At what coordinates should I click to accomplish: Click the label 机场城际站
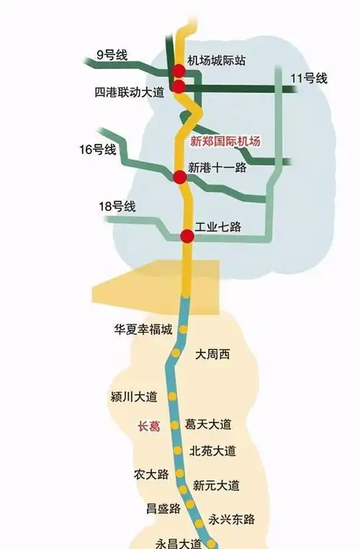pos(216,61)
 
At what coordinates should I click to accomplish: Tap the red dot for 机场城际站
pos(178,70)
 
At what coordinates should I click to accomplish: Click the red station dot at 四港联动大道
pos(178,86)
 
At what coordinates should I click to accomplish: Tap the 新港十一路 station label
pos(217,167)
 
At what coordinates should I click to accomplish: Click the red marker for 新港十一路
pos(180,176)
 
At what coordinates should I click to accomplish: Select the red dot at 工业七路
pos(186,236)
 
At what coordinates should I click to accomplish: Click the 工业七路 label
pos(218,228)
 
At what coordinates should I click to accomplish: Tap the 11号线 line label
pos(309,78)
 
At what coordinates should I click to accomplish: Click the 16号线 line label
pos(98,150)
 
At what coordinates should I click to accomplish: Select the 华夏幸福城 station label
pos(143,329)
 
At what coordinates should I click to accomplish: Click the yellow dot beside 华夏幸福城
pos(183,330)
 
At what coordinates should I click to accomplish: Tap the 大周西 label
pos(212,354)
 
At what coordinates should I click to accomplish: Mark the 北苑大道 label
pos(212,451)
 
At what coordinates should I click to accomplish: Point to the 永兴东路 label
pos(232,519)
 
